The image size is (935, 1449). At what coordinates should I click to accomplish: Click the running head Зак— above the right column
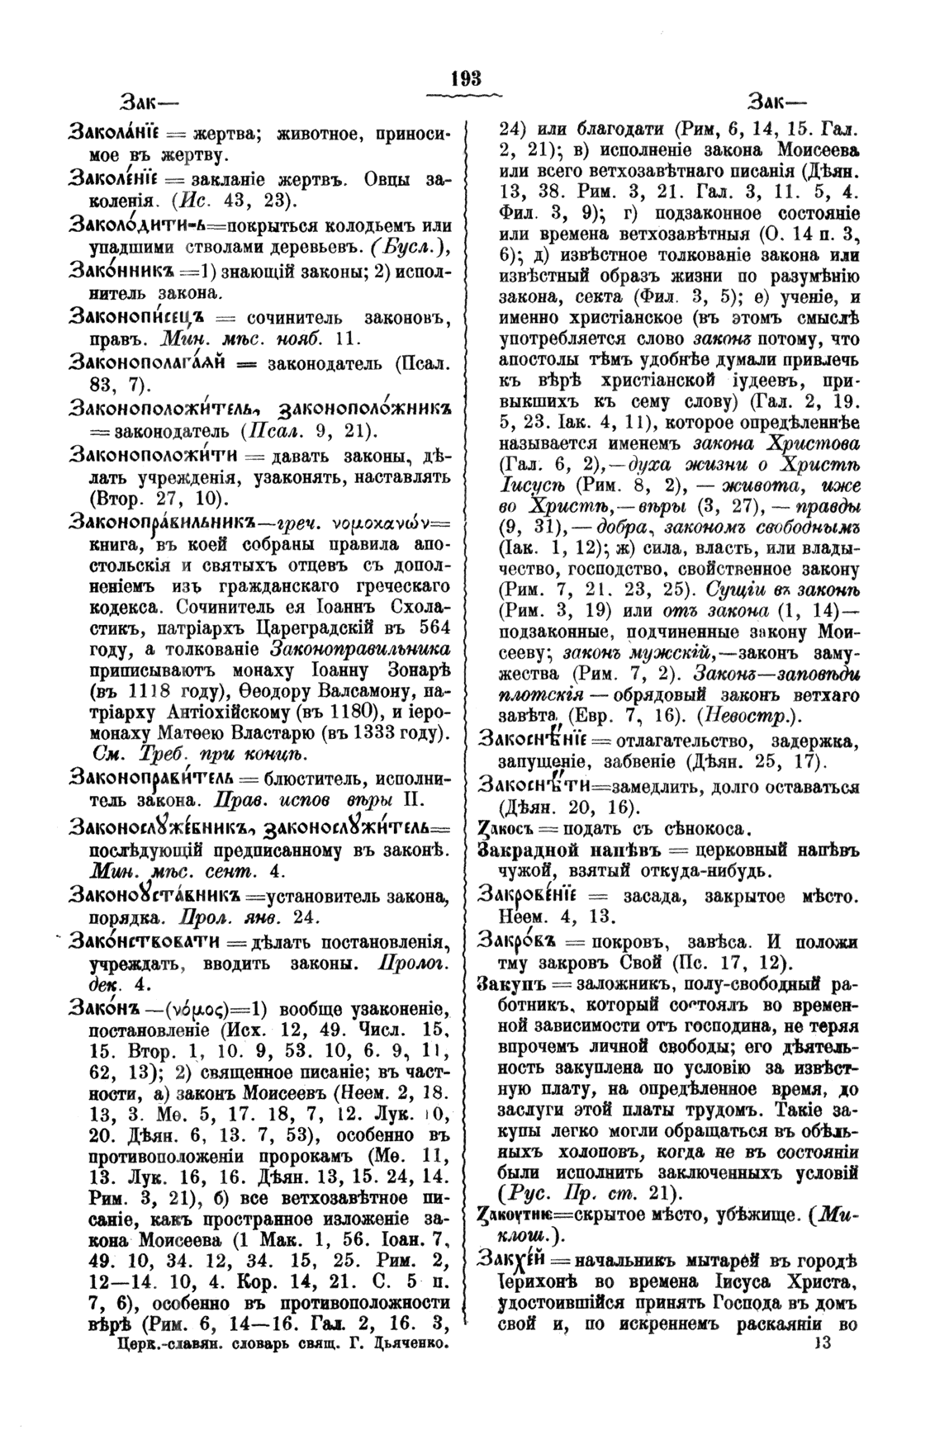point(777,102)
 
